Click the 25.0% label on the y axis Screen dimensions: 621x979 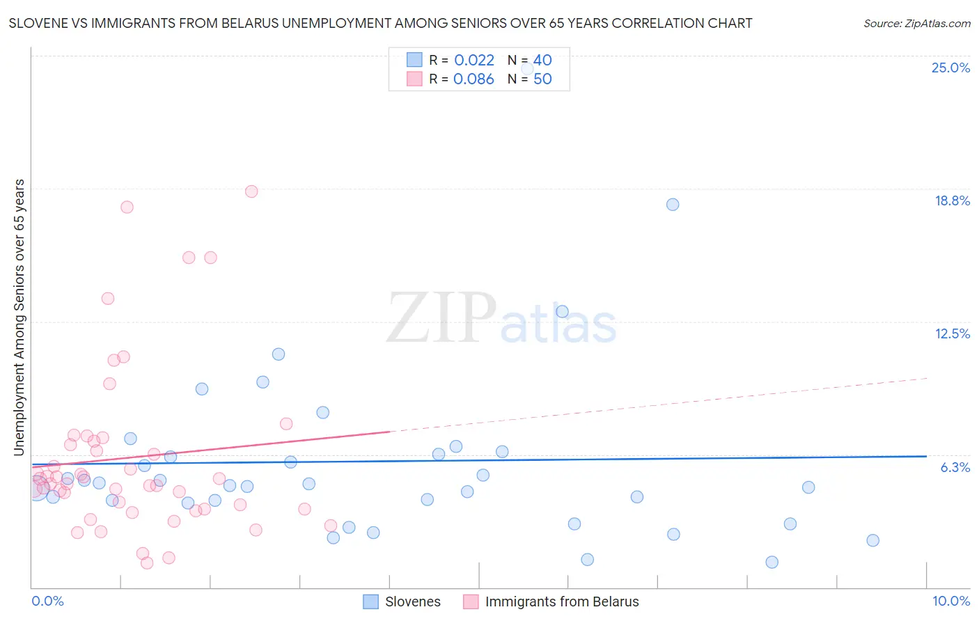(x=950, y=68)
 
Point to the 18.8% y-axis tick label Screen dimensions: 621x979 (x=952, y=201)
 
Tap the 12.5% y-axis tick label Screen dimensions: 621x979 (x=952, y=334)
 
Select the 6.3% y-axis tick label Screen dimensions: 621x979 (x=955, y=468)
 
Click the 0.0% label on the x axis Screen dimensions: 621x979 (x=47, y=602)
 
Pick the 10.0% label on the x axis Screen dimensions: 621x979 (x=950, y=602)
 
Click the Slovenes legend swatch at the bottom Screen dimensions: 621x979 (x=371, y=602)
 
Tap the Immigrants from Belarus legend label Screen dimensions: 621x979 (x=562, y=602)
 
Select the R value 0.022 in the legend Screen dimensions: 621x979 (x=474, y=61)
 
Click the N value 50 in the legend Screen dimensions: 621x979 (x=542, y=79)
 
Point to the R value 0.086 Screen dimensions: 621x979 (x=473, y=79)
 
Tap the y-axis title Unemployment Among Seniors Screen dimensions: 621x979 (x=19, y=317)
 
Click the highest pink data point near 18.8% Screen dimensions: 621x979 (x=251, y=191)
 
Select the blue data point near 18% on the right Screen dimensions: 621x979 (x=673, y=205)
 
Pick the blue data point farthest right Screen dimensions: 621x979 (x=872, y=541)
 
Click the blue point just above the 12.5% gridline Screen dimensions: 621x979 (x=562, y=312)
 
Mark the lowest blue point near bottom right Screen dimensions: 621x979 (x=772, y=563)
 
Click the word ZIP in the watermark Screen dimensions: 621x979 (x=441, y=319)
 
